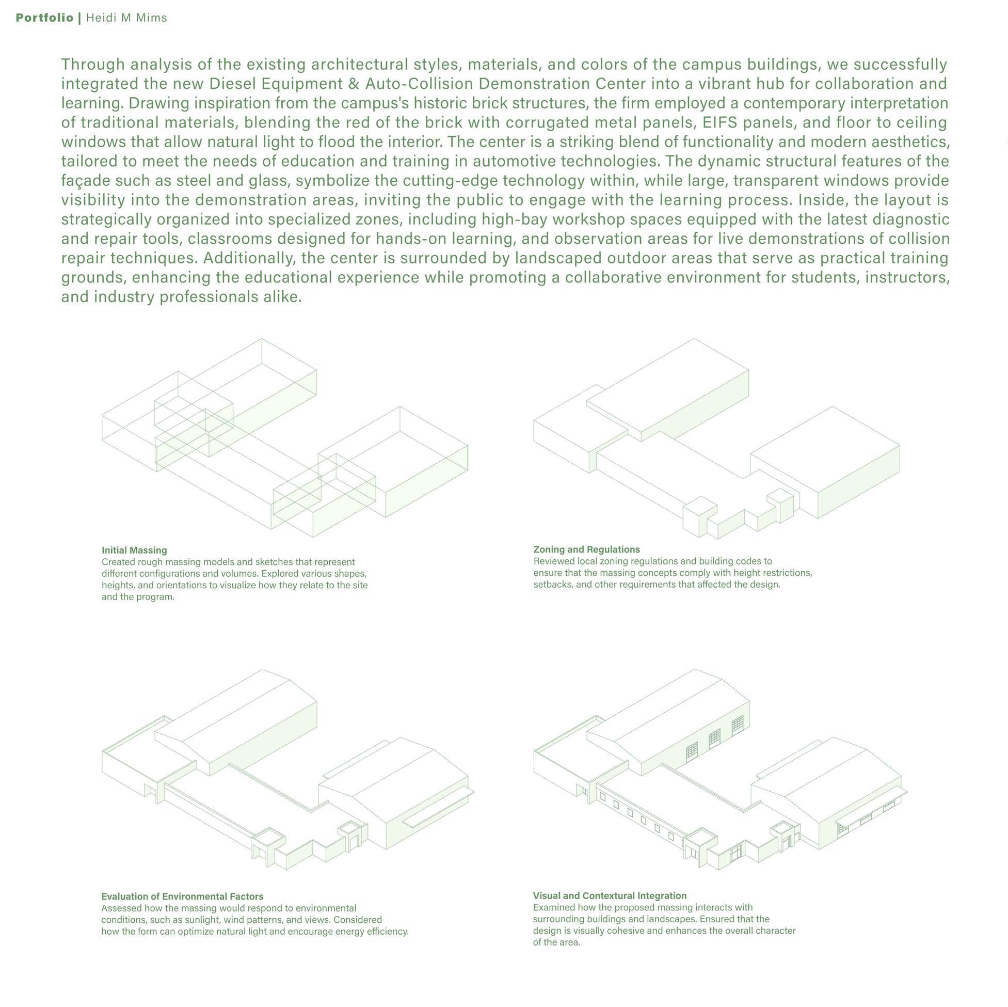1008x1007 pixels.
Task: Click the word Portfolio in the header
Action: click(x=44, y=18)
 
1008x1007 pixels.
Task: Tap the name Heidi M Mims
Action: click(x=126, y=18)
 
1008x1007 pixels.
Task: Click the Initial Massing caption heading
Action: click(x=134, y=550)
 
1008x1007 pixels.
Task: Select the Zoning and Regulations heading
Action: click(x=586, y=549)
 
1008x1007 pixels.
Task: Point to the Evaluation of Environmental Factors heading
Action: click(x=182, y=896)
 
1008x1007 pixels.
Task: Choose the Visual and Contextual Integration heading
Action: click(x=610, y=896)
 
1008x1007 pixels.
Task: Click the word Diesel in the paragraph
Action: click(x=233, y=84)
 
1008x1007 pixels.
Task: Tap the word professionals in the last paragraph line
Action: click(x=207, y=297)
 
